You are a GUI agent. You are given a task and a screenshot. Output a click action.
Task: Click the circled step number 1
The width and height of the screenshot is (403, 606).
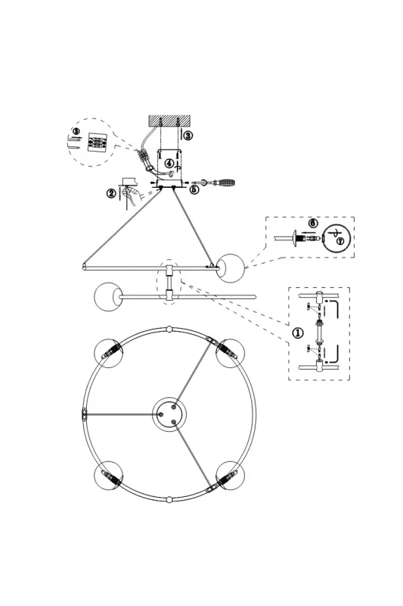pyautogui.click(x=298, y=333)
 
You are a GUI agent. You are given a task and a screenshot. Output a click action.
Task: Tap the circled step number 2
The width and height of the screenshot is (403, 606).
pyautogui.click(x=111, y=193)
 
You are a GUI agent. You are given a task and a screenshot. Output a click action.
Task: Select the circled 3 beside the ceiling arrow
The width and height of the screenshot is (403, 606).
pyautogui.click(x=188, y=136)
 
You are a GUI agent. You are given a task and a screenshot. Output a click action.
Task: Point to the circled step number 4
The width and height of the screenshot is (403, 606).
pyautogui.click(x=169, y=163)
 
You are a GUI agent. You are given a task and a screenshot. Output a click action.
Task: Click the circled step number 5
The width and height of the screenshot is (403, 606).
pyautogui.click(x=195, y=189)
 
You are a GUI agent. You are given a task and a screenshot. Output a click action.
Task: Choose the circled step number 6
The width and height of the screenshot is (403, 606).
pyautogui.click(x=313, y=223)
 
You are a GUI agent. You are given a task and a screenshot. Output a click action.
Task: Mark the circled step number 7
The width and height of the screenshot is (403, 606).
pyautogui.click(x=339, y=242)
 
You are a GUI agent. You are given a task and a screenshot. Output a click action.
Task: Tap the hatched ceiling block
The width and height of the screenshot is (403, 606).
pyautogui.click(x=169, y=120)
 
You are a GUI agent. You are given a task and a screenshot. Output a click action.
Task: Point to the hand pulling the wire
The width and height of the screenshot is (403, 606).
pyautogui.click(x=129, y=195)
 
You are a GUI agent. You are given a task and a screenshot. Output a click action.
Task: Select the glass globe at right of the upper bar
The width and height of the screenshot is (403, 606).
pyautogui.click(x=231, y=267)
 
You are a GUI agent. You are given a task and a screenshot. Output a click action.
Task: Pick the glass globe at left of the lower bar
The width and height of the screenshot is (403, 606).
pyautogui.click(x=108, y=297)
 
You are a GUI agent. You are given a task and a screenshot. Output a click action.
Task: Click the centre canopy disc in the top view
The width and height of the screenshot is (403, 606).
pyautogui.click(x=169, y=414)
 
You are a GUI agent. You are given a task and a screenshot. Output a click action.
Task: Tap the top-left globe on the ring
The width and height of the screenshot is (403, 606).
pyautogui.click(x=109, y=353)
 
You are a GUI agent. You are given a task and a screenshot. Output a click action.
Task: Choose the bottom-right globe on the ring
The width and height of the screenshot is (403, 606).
pyautogui.click(x=230, y=476)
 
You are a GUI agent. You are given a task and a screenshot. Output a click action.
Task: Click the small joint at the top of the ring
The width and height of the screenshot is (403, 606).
pyautogui.click(x=169, y=330)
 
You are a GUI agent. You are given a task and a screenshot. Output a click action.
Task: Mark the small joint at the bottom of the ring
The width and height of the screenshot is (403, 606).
pyautogui.click(x=169, y=499)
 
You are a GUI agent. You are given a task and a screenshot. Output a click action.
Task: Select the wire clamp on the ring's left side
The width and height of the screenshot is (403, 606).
pyautogui.click(x=85, y=414)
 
